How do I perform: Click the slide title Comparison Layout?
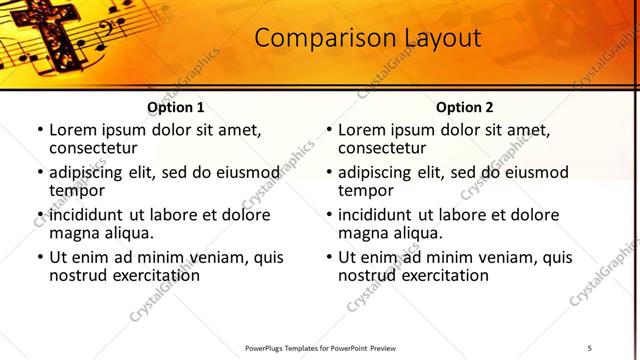(367, 38)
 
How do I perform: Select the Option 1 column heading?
(176, 107)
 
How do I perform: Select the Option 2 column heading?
(465, 107)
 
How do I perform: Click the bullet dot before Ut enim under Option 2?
(330, 257)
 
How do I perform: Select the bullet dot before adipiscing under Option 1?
(40, 172)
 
